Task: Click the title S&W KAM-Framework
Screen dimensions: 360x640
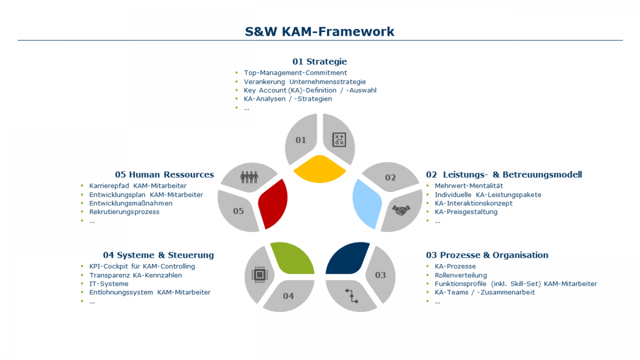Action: point(319,31)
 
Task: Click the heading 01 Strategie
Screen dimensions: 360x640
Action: point(319,61)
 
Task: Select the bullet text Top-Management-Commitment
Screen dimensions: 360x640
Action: point(295,73)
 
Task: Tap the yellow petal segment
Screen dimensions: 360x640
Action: point(319,169)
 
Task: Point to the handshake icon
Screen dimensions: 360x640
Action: point(401,210)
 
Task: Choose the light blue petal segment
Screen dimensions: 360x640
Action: point(367,197)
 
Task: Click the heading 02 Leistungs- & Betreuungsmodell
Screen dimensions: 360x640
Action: point(503,174)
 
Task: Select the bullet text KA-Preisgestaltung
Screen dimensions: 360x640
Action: point(466,212)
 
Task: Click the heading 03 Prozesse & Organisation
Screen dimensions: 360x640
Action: point(487,255)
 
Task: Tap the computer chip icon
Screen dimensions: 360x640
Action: point(259,275)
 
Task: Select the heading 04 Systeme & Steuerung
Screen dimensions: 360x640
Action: point(158,255)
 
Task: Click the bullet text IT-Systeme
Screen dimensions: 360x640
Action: point(109,284)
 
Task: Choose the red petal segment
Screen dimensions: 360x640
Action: point(273,203)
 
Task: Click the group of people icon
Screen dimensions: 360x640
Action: point(249,176)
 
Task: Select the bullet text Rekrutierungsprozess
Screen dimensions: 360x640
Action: point(124,212)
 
